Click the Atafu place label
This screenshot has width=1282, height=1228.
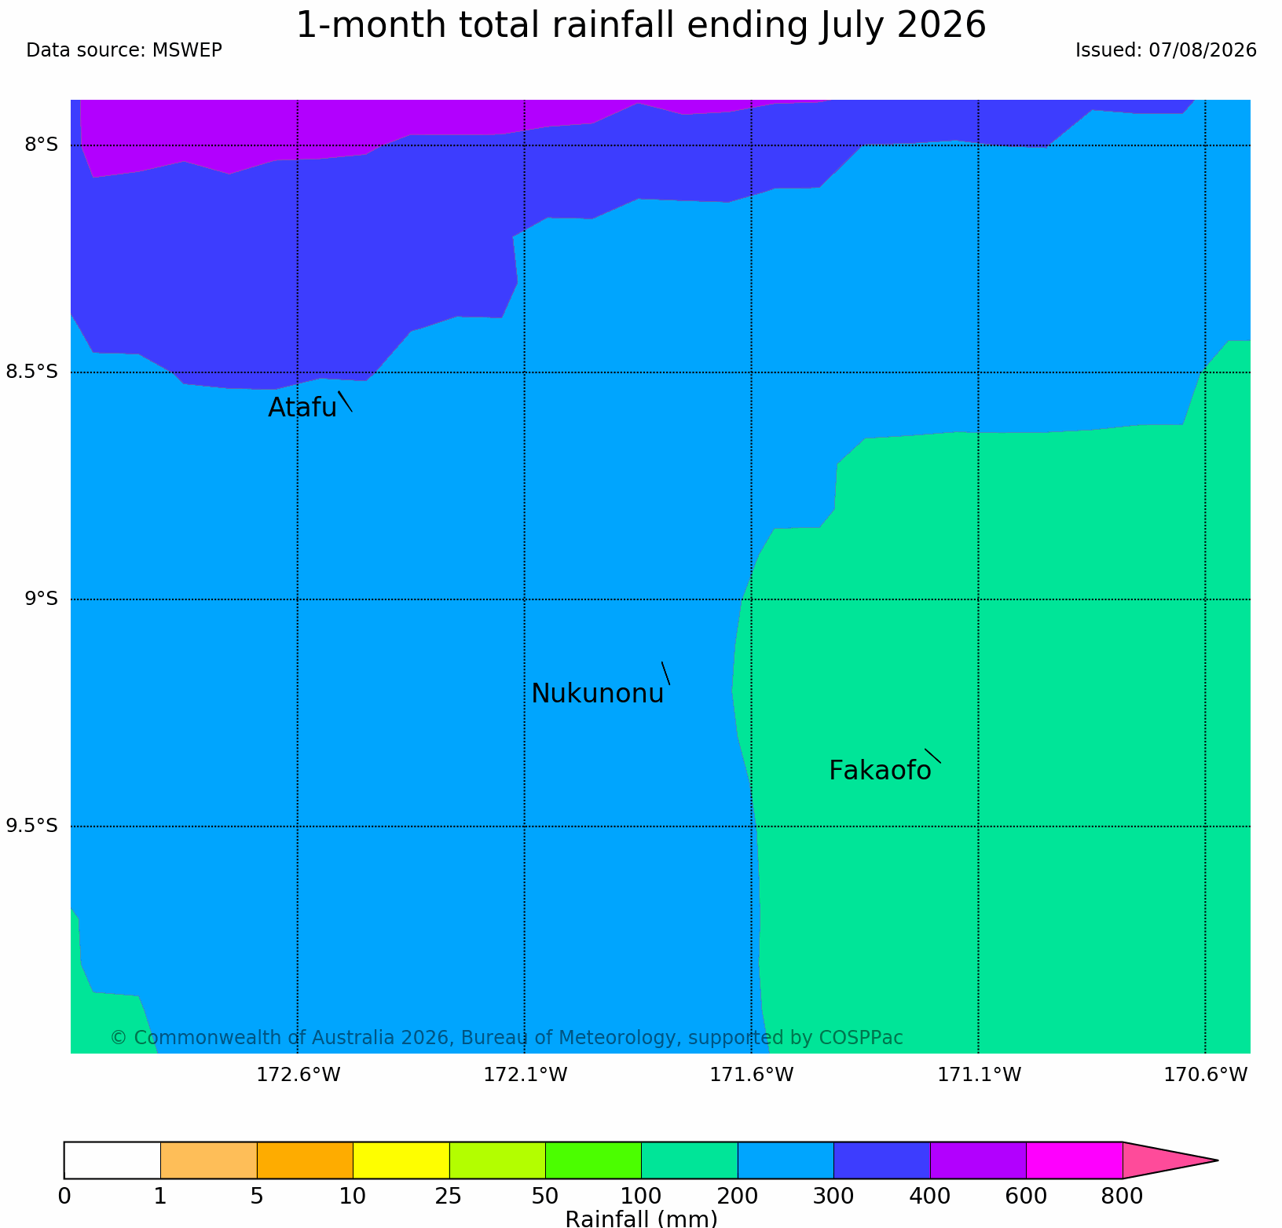[302, 407]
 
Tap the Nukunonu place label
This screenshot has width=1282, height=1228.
[598, 693]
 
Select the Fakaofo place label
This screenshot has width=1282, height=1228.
[880, 771]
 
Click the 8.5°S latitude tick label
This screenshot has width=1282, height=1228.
[32, 372]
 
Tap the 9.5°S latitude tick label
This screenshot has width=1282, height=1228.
[32, 825]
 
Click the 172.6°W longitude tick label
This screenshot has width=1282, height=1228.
[299, 1074]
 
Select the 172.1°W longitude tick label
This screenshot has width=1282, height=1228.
[525, 1074]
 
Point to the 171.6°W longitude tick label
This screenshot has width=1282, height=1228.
[752, 1074]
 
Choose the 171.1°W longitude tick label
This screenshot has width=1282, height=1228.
[979, 1074]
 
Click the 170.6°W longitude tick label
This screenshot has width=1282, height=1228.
[1205, 1074]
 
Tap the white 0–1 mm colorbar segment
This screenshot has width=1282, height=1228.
[112, 1160]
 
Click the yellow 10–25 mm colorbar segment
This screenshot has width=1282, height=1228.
[401, 1160]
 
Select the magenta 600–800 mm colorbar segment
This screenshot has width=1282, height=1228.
[1075, 1160]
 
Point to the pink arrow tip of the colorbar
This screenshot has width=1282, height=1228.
[1218, 1160]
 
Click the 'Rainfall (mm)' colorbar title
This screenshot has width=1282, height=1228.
[641, 1219]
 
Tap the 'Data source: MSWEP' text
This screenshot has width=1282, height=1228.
[124, 50]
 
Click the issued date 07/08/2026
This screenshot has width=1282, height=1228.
[1203, 50]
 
